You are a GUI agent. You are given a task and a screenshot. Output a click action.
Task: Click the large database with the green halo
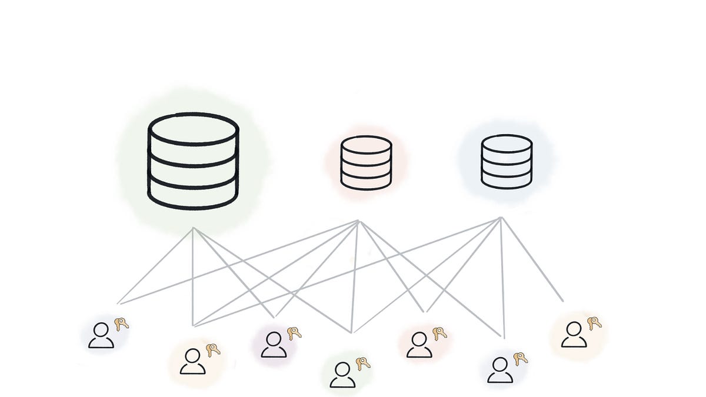(193, 161)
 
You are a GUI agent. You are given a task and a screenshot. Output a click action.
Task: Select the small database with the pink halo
(366, 163)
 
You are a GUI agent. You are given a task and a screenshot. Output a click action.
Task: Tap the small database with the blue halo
(507, 162)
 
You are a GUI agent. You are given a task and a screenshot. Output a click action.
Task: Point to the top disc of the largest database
(193, 129)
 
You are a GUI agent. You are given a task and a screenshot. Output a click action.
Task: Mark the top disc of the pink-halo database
(366, 144)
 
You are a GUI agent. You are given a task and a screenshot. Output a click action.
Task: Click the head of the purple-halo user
(274, 338)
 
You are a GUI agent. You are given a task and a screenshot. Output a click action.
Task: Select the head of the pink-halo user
(419, 339)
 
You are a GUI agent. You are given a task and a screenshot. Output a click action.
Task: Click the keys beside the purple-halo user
(294, 333)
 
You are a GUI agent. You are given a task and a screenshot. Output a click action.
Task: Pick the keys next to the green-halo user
(363, 363)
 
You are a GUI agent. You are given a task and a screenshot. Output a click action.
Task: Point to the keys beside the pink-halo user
(439, 333)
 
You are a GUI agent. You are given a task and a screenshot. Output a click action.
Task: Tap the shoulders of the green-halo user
(342, 382)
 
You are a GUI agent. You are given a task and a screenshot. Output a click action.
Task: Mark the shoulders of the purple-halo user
(274, 352)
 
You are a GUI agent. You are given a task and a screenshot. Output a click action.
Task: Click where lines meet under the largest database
(193, 228)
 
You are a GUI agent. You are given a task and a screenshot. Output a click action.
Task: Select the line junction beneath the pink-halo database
(358, 221)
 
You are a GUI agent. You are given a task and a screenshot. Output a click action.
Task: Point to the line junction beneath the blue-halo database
(501, 218)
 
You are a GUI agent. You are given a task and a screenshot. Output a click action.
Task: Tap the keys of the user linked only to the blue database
(594, 323)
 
